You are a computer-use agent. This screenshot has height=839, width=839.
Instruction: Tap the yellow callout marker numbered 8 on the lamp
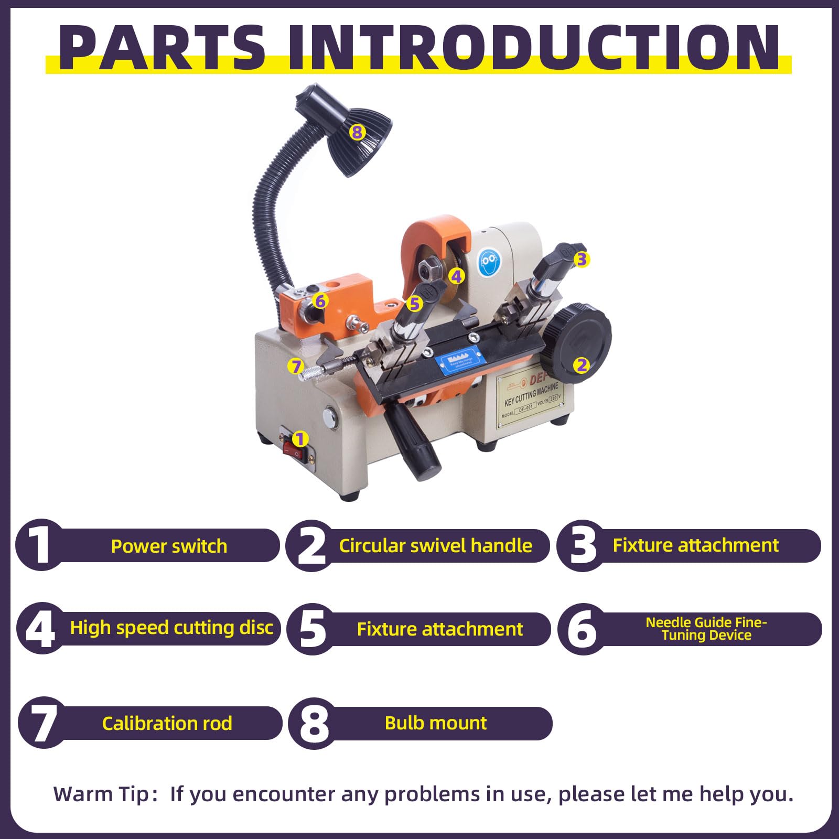click(x=357, y=132)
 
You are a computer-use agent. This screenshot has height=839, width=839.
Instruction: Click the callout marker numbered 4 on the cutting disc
click(x=457, y=276)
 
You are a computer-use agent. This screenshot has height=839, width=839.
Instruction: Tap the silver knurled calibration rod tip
click(x=309, y=373)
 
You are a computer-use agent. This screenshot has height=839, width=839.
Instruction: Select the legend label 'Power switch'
click(x=169, y=546)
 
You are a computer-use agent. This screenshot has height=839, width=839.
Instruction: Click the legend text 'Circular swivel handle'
click(x=435, y=546)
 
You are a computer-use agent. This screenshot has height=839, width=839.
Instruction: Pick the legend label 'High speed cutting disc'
click(x=171, y=628)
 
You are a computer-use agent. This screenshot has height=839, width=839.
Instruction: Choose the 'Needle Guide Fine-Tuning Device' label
click(x=706, y=629)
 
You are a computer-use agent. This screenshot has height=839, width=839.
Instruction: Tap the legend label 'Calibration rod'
click(x=167, y=724)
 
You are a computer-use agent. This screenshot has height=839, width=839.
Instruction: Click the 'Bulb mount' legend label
click(x=435, y=723)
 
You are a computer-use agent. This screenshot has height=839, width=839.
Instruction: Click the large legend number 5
click(x=313, y=629)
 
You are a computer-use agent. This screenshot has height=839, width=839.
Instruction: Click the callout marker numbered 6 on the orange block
click(x=320, y=301)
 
